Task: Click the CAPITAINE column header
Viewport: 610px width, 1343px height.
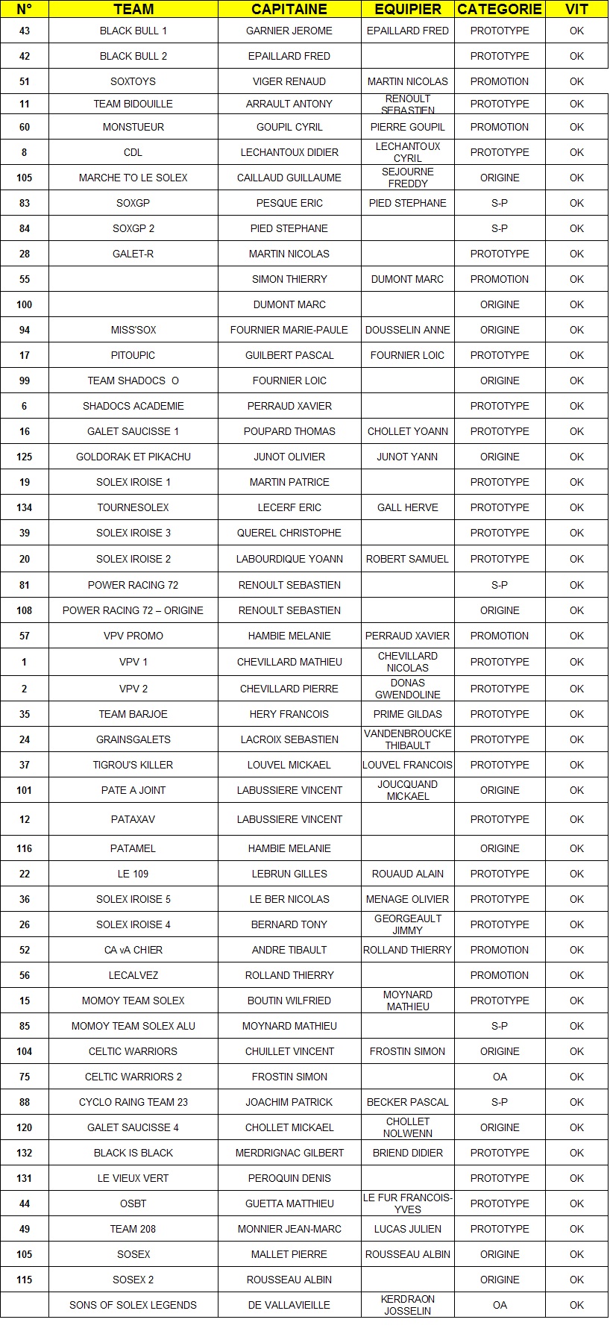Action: (x=289, y=10)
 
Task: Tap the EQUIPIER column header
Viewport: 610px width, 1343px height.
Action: (x=408, y=10)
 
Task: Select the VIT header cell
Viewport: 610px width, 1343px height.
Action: (x=576, y=10)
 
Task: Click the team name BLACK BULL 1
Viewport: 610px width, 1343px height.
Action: (x=133, y=31)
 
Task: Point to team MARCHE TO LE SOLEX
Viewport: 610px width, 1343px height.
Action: (x=133, y=178)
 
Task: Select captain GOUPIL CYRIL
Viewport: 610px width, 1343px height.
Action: (x=289, y=127)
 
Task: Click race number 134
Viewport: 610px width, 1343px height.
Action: (x=25, y=507)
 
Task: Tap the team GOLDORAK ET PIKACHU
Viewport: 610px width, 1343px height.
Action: (x=133, y=457)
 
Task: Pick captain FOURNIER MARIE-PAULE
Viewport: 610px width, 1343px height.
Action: (x=289, y=330)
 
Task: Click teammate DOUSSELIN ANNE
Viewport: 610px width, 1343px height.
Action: (x=408, y=330)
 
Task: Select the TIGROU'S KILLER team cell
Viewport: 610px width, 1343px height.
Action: (x=133, y=765)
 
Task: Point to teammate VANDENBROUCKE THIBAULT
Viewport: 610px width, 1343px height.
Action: (x=408, y=739)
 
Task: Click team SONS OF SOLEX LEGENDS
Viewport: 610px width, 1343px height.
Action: (x=133, y=1305)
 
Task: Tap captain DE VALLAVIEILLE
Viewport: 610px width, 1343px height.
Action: (x=289, y=1305)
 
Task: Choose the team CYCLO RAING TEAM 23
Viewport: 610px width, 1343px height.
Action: (x=133, y=1102)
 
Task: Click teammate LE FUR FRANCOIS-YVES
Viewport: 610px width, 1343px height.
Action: (x=408, y=1203)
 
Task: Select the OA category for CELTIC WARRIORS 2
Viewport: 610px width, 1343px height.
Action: (x=500, y=1077)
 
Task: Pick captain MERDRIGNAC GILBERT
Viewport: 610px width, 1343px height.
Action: (x=289, y=1153)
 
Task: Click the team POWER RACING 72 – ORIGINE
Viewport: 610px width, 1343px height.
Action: (x=133, y=610)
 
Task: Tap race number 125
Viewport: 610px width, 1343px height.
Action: (x=25, y=457)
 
